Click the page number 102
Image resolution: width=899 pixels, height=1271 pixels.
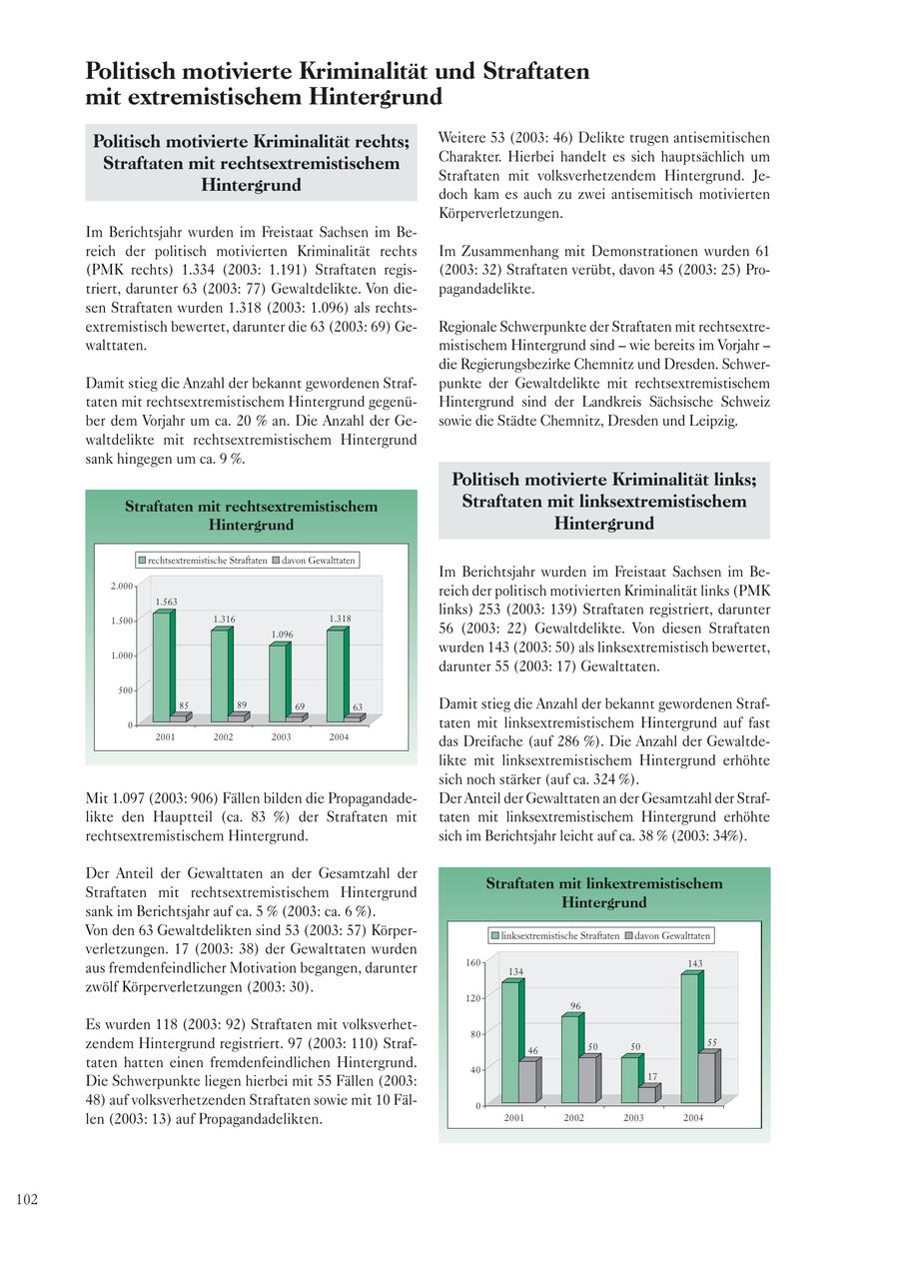(x=27, y=1199)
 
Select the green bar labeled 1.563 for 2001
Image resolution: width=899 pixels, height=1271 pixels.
(x=161, y=666)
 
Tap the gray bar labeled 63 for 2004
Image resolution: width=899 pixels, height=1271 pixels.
(x=353, y=717)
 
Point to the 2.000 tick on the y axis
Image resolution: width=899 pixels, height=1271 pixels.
(x=121, y=587)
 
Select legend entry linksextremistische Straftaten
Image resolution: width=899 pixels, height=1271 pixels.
(x=554, y=936)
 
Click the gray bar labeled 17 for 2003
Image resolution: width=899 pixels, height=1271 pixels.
(x=647, y=1094)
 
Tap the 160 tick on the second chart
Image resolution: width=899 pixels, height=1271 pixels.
(x=472, y=962)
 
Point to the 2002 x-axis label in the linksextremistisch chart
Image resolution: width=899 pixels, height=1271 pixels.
(x=573, y=1118)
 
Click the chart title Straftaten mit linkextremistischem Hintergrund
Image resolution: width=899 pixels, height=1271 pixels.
(x=603, y=892)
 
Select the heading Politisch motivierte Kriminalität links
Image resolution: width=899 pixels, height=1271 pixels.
(x=603, y=480)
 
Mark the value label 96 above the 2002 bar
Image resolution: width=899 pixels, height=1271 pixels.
(x=575, y=1006)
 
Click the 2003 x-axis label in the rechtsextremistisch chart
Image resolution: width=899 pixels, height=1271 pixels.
(x=281, y=736)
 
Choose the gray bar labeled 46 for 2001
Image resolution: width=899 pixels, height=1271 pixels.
(x=527, y=1081)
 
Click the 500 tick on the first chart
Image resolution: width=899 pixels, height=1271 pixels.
(x=126, y=690)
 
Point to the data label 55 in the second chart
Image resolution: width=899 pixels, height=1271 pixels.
(x=712, y=1042)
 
